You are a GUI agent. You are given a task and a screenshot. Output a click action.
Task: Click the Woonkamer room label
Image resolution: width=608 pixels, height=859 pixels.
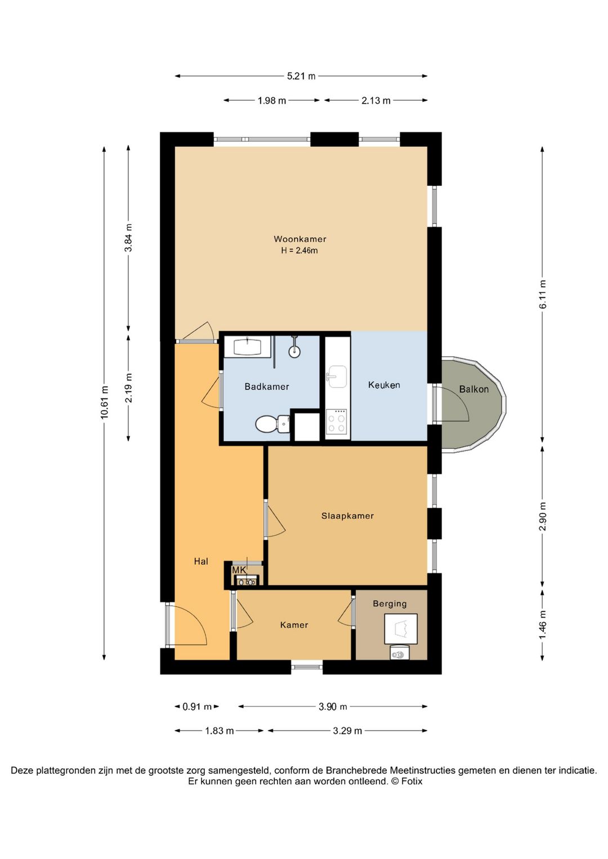tap(299, 239)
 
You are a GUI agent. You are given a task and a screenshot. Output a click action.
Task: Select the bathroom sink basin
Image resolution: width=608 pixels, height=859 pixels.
tap(247, 347)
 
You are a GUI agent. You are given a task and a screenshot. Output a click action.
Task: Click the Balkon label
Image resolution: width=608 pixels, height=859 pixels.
tap(474, 390)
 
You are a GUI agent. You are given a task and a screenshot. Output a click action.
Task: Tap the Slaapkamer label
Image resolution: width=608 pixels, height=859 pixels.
tap(347, 516)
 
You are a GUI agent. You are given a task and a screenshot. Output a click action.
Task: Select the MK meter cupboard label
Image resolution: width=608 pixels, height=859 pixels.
tap(239, 570)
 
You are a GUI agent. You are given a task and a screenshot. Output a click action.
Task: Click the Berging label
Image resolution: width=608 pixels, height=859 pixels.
tap(390, 603)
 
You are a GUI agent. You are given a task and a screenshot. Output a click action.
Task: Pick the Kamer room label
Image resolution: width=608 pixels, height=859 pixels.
tap(294, 625)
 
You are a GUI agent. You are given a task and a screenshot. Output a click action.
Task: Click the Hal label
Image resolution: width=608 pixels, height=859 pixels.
tap(201, 561)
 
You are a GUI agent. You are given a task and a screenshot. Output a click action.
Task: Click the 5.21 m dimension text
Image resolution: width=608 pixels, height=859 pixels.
tap(301, 76)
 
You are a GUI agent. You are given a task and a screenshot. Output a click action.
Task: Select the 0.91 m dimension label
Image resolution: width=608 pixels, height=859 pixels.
tap(197, 706)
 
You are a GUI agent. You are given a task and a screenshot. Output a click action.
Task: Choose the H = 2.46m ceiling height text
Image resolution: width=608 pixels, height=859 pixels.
tap(299, 251)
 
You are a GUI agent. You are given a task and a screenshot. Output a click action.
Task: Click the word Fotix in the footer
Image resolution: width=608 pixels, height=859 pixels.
tap(412, 781)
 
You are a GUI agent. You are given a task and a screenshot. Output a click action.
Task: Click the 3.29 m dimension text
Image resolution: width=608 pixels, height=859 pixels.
tap(347, 731)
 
